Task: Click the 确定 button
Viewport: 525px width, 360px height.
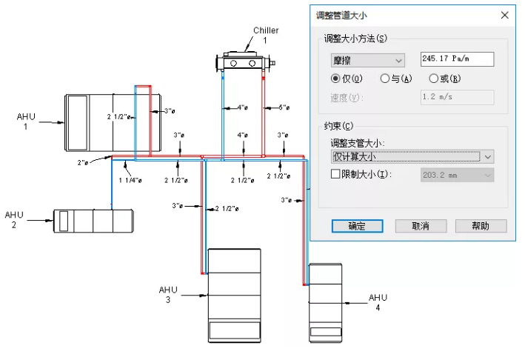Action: (x=357, y=226)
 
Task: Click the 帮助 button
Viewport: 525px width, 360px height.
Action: (x=481, y=226)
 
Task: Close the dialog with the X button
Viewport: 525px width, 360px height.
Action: (x=504, y=15)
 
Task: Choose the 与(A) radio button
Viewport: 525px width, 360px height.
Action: (x=384, y=79)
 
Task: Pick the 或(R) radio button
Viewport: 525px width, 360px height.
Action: (x=434, y=79)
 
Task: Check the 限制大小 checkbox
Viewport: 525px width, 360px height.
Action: (x=336, y=175)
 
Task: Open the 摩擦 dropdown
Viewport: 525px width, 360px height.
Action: (x=367, y=60)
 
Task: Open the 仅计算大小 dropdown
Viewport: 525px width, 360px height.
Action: (x=412, y=156)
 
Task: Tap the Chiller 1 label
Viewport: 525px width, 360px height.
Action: (x=266, y=35)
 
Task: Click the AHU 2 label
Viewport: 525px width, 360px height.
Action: (x=15, y=219)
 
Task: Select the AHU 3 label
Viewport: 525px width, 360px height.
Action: (x=168, y=294)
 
